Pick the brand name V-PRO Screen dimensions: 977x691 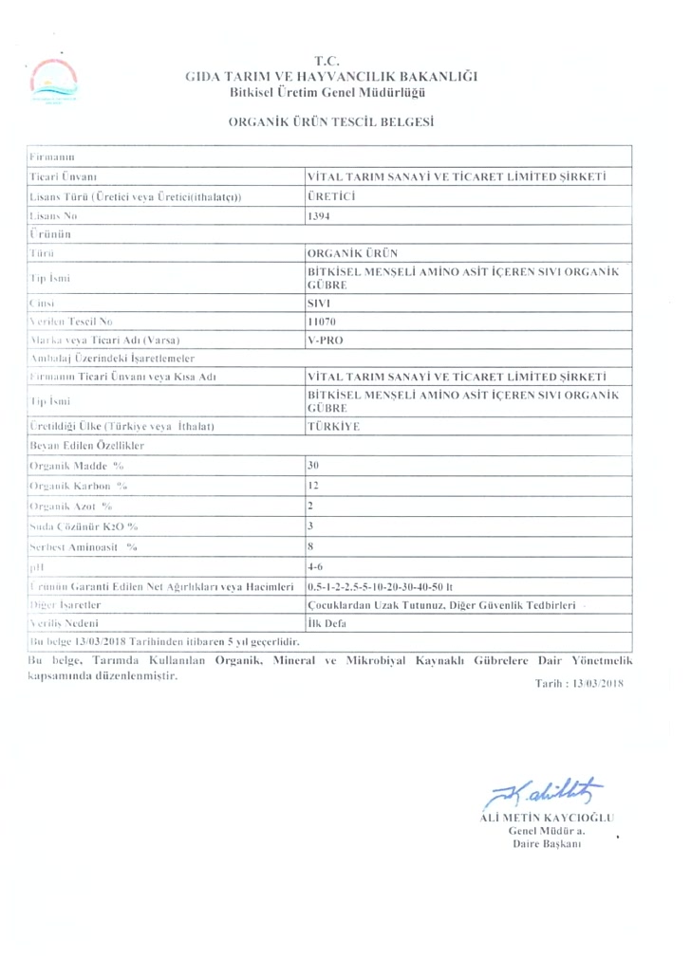323,339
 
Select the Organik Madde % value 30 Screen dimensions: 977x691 314,466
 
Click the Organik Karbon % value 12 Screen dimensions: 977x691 314,485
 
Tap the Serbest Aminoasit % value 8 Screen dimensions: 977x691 311,546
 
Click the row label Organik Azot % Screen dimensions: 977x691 72,506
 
